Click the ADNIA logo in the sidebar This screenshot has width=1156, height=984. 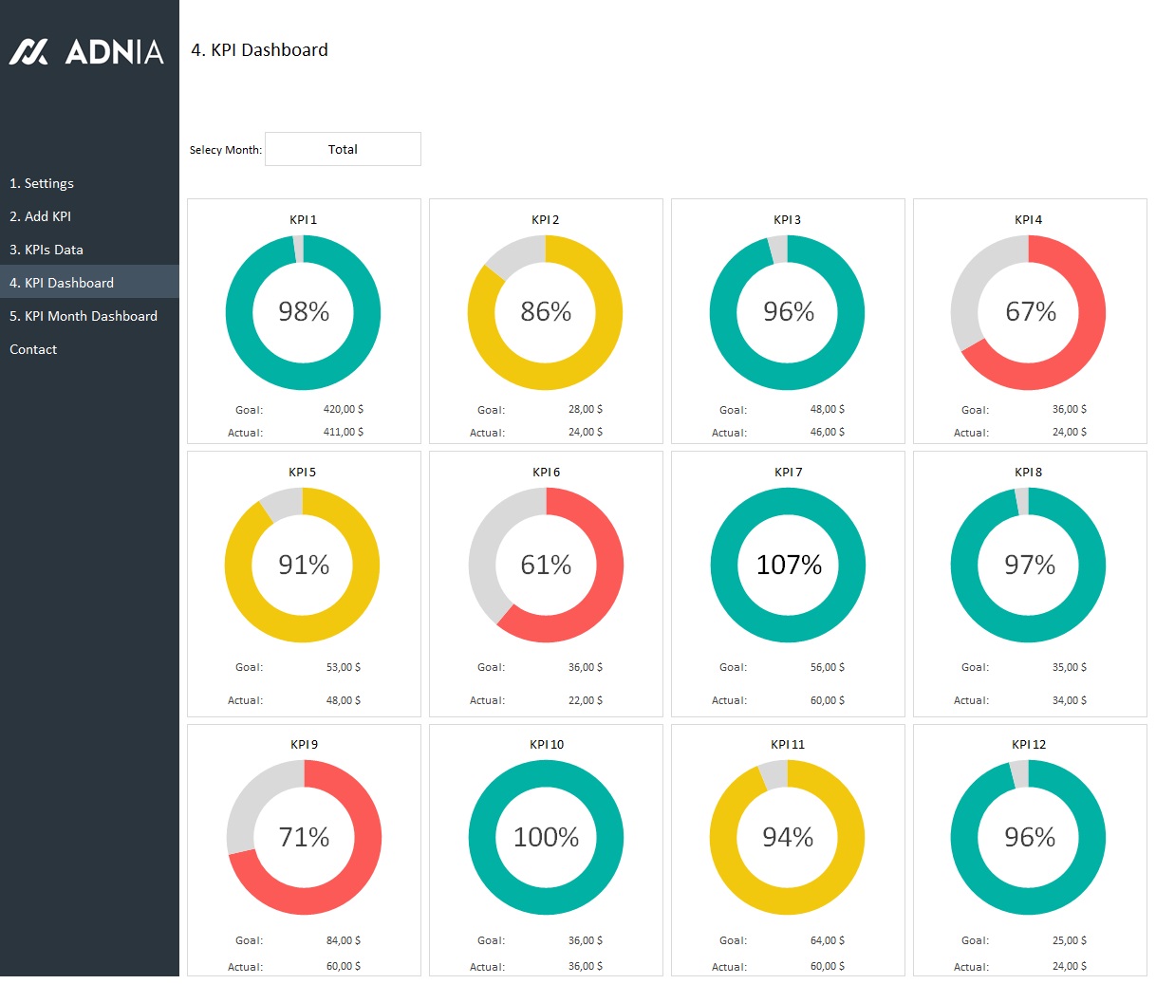click(x=86, y=51)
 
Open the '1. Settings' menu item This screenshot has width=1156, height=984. click(x=42, y=183)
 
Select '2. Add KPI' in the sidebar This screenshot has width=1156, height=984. click(x=41, y=216)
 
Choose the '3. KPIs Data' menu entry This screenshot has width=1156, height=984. click(x=47, y=250)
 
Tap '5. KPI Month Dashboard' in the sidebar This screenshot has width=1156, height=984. click(x=84, y=316)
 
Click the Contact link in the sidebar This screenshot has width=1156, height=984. click(x=33, y=349)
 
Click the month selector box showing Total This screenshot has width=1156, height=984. click(x=343, y=149)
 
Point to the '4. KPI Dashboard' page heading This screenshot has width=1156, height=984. click(x=259, y=50)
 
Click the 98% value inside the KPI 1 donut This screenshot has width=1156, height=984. click(x=304, y=311)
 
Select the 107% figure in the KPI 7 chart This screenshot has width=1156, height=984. click(x=789, y=565)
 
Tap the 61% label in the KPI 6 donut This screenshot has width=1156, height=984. click(x=546, y=565)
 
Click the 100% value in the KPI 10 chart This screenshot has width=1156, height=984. click(x=546, y=837)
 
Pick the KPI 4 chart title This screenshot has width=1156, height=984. click(x=1028, y=219)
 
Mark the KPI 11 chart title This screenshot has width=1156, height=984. click(x=788, y=744)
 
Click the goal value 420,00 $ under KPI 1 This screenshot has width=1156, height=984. click(x=343, y=409)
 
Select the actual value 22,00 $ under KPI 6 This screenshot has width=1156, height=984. click(x=585, y=700)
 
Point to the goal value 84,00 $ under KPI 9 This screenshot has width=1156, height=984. click(x=343, y=940)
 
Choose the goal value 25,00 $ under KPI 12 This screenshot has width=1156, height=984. click(x=1069, y=940)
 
